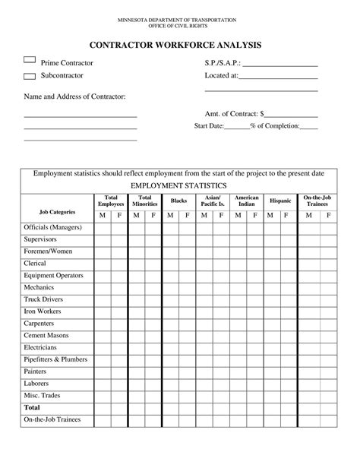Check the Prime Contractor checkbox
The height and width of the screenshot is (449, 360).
tap(30, 59)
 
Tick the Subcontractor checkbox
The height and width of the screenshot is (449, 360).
tap(30, 76)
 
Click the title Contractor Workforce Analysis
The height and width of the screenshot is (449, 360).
tap(179, 45)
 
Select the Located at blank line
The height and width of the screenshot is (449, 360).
tap(279, 76)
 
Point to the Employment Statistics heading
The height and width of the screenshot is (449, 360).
tap(179, 185)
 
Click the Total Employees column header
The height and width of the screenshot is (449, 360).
tap(110, 201)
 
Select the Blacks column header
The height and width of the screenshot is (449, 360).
tap(178, 201)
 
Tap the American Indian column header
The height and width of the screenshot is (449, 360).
tap(246, 201)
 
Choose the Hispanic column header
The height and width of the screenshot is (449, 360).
tap(280, 201)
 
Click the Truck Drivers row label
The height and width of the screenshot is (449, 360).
tap(46, 299)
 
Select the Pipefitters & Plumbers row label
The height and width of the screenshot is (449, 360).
tap(55, 359)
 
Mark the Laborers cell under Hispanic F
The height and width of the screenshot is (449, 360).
tap(289, 383)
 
